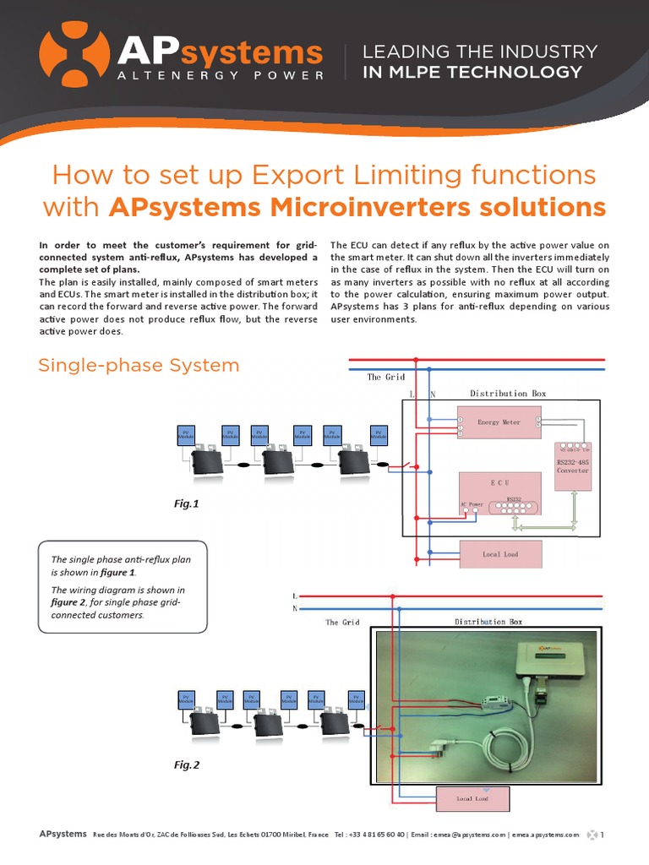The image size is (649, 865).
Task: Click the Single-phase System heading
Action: pos(139,365)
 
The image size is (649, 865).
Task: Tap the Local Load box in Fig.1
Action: pos(499,554)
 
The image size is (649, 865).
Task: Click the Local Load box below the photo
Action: pos(472,797)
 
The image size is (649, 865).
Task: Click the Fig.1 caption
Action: pos(186,503)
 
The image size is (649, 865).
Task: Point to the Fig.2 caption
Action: pos(186,765)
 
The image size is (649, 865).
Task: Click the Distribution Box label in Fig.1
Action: pos(508,394)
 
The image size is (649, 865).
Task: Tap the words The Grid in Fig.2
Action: pos(342,623)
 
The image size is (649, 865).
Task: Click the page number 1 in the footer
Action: pos(603,835)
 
